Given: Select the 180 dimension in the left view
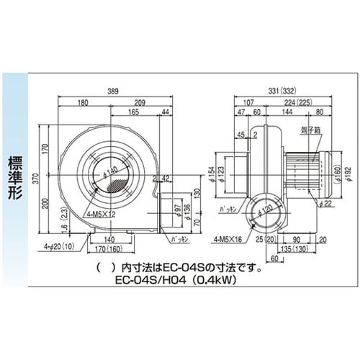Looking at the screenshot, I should pyautogui.click(x=85, y=104).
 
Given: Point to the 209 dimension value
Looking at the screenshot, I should pyautogui.click(x=141, y=104).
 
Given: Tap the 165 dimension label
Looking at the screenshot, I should pyautogui.click(x=133, y=113).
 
